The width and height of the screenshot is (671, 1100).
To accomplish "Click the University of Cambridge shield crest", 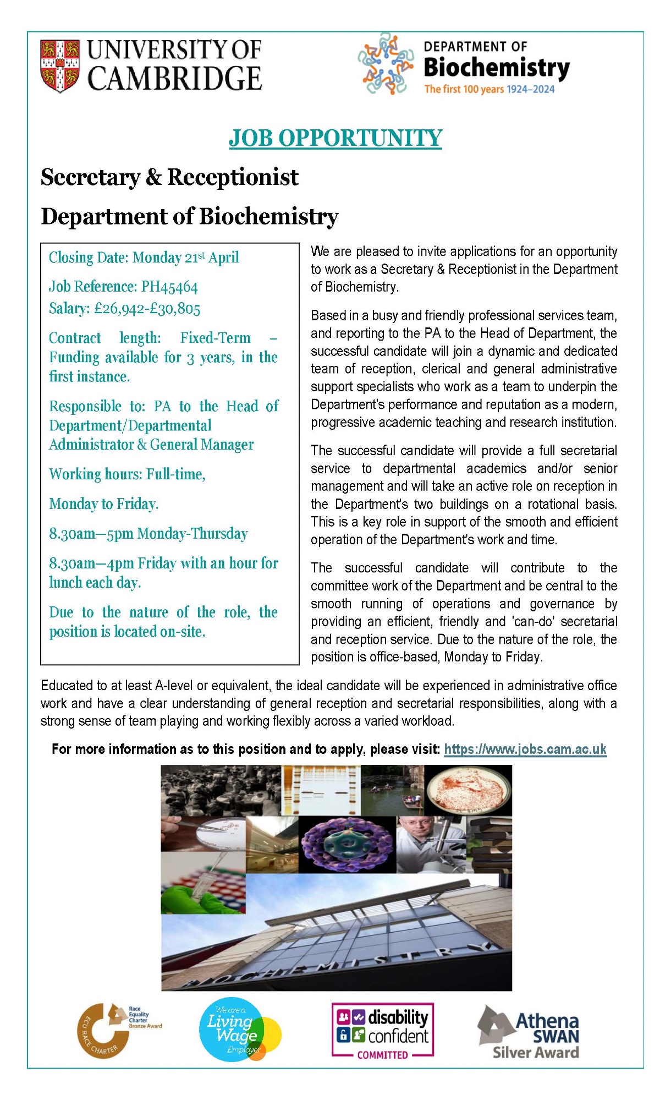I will (x=60, y=65).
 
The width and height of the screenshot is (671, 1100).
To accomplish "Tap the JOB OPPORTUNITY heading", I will (x=335, y=138).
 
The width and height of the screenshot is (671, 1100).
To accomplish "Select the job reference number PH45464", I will (x=169, y=287).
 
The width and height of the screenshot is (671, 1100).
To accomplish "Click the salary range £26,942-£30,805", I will (x=147, y=308).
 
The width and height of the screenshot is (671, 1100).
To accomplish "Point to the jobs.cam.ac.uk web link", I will (x=525, y=749).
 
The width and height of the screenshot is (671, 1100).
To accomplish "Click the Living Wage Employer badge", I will (x=239, y=1029).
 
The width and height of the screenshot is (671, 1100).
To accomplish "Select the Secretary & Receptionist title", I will (x=169, y=177).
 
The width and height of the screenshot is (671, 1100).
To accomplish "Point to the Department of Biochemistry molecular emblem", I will (x=386, y=63).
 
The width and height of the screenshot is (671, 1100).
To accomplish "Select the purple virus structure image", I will (x=347, y=845).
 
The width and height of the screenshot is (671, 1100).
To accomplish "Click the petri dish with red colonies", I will (x=468, y=790).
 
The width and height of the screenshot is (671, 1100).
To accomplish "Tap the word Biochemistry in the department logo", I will (x=496, y=68).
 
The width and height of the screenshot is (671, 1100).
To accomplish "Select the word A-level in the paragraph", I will (x=174, y=686).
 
